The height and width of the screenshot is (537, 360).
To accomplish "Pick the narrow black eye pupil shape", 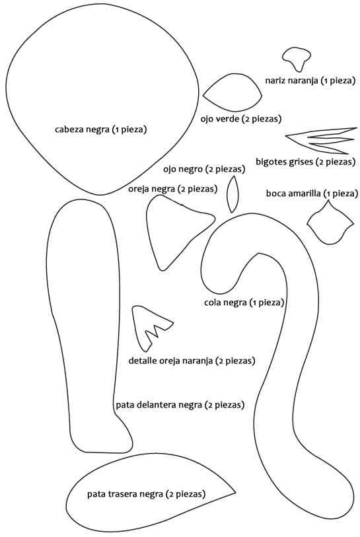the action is [x=233, y=194].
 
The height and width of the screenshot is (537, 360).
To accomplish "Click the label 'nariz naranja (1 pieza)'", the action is [x=310, y=81].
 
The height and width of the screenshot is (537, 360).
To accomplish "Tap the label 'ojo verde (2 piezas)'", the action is [x=241, y=119].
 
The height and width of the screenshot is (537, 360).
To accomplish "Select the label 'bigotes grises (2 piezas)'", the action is [x=306, y=161].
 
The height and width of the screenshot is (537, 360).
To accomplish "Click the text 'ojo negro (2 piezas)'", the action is [x=204, y=169].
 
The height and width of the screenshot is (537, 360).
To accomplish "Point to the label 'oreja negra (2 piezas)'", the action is [x=172, y=189].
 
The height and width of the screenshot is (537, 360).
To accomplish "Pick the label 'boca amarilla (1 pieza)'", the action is [x=312, y=194].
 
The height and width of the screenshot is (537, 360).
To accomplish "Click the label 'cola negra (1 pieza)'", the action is [x=244, y=303].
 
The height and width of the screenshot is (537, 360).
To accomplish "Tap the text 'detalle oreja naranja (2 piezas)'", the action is [x=192, y=361].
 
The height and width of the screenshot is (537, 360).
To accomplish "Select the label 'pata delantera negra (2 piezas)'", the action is [x=180, y=405].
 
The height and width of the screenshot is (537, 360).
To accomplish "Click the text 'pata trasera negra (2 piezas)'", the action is [x=146, y=494].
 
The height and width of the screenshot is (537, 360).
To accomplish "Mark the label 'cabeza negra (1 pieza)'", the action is [x=100, y=129].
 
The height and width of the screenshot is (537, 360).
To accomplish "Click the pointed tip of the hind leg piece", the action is [x=236, y=493].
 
